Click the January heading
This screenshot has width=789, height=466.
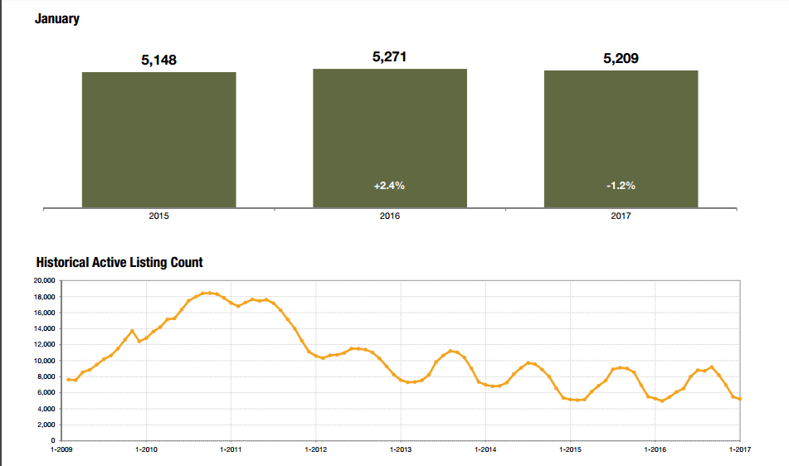(x=57, y=18)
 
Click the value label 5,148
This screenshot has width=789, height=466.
(x=158, y=61)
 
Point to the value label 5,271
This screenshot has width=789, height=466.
(x=389, y=57)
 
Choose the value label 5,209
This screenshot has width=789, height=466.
(x=621, y=59)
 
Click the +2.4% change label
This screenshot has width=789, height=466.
(x=389, y=186)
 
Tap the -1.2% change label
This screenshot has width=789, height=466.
(x=621, y=186)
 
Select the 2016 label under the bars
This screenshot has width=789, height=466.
(x=389, y=216)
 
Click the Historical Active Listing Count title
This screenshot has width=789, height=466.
(x=119, y=262)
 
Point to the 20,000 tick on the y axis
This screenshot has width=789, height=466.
(x=43, y=281)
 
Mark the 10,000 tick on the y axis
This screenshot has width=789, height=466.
(x=43, y=361)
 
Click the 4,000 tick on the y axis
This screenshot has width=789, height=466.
(x=45, y=409)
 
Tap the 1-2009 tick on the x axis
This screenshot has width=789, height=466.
(x=61, y=450)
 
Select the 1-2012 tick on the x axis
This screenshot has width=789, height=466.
(x=315, y=450)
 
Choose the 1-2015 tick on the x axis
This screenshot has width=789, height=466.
(x=569, y=450)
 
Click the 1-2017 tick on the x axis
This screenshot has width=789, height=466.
(x=738, y=450)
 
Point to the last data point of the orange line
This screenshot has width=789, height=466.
(x=740, y=399)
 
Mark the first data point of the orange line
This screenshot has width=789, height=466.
(x=68, y=379)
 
